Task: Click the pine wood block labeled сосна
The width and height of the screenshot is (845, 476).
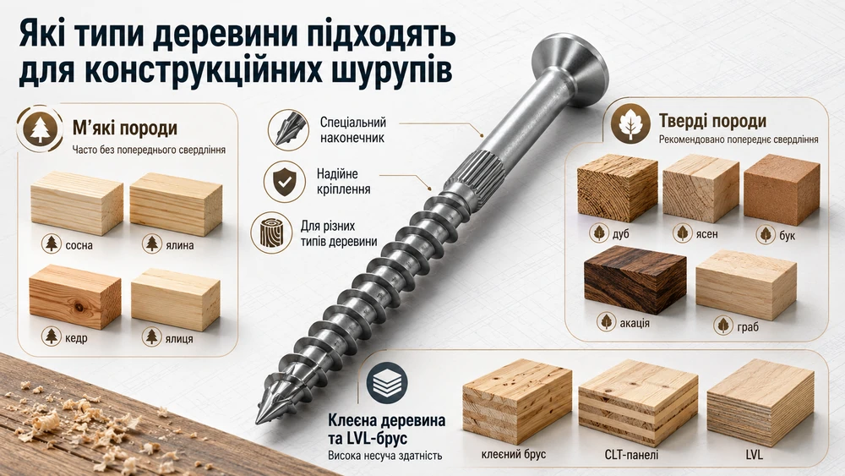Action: [x=77, y=203]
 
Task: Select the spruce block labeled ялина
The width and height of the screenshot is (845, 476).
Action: [x=176, y=203]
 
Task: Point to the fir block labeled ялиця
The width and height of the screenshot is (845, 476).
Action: [x=176, y=299]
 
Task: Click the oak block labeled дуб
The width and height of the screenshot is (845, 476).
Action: [x=618, y=188]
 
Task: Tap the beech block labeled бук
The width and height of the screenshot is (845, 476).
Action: [x=782, y=189]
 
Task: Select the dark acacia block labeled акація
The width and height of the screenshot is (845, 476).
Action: [x=635, y=279]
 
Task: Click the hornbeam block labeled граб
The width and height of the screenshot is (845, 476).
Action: [x=746, y=283]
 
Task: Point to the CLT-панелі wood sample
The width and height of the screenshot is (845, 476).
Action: [x=638, y=402]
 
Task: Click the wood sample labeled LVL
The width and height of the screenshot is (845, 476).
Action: [x=760, y=402]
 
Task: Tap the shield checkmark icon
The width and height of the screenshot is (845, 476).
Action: [x=284, y=181]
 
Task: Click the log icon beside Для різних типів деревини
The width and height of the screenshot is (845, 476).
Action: [x=271, y=233]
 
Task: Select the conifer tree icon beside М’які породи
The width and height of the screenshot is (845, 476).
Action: [x=40, y=129]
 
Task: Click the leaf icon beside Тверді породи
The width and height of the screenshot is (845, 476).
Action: [x=630, y=123]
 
